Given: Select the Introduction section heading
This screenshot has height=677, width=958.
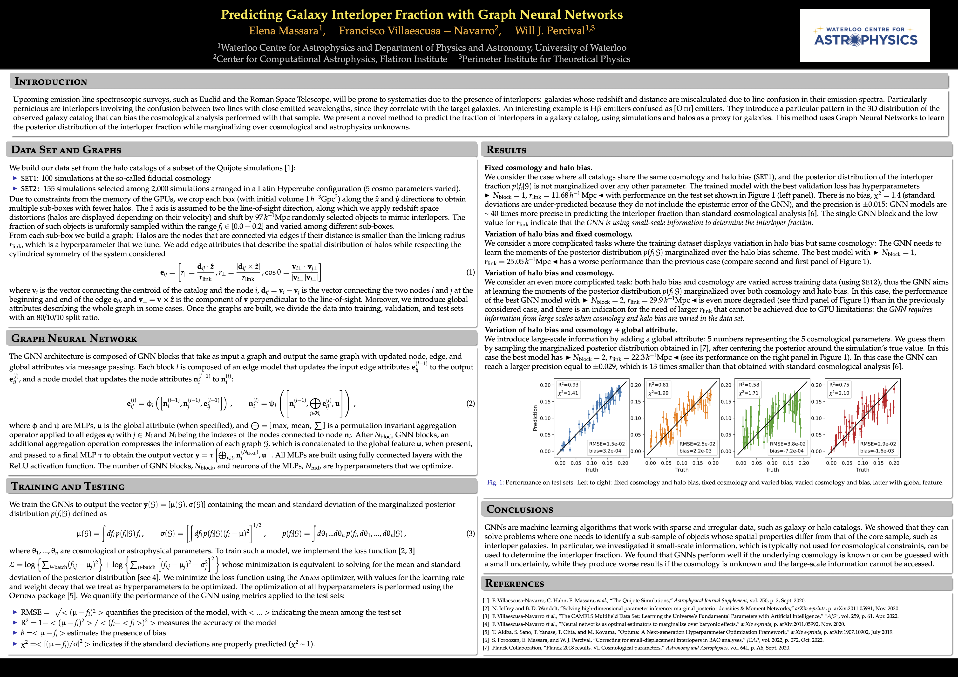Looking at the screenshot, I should [51, 81].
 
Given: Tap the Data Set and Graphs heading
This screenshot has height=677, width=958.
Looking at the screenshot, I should [66, 150].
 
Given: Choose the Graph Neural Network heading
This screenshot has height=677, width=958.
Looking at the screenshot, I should [74, 338].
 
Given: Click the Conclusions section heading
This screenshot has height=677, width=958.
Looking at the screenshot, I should [519, 509].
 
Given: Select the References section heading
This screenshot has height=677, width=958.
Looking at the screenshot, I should [515, 583].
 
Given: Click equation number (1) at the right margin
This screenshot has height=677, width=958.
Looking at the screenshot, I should [470, 272].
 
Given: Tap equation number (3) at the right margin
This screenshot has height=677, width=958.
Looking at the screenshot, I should [470, 533].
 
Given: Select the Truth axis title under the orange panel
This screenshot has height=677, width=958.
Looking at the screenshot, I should [682, 470].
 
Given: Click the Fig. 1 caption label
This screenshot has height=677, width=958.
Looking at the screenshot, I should [495, 483].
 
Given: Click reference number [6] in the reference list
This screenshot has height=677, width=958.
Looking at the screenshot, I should [486, 640].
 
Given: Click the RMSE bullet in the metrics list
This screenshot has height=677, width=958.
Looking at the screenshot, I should [31, 612].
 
